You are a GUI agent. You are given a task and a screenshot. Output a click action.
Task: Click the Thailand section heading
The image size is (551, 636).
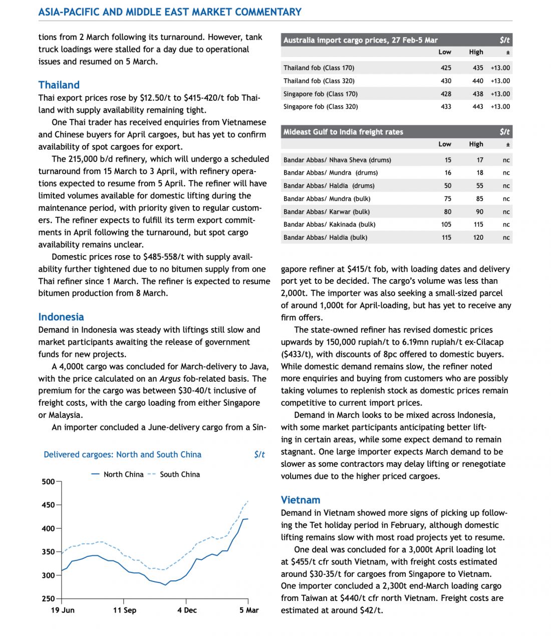point(59,85)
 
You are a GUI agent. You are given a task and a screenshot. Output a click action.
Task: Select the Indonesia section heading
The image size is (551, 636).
point(61,317)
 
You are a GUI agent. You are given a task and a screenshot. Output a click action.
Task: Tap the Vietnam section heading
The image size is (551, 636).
point(300,500)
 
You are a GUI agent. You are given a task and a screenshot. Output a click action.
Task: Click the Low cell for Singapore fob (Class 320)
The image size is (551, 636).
point(446,107)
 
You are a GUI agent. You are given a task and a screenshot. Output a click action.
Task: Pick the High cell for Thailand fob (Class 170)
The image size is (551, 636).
point(478,68)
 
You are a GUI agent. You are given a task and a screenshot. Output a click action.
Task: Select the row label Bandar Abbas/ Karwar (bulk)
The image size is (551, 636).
point(326,212)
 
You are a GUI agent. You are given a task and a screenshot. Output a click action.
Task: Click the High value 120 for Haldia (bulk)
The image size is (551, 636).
point(478,238)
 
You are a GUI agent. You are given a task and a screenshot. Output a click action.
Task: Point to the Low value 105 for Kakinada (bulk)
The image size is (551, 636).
point(446,225)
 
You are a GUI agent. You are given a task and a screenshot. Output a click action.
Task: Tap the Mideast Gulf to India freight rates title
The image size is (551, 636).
point(343,132)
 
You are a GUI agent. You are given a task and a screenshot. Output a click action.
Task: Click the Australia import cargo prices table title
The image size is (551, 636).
point(360,40)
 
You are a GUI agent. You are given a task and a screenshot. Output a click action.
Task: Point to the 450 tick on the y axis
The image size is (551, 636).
point(48,505)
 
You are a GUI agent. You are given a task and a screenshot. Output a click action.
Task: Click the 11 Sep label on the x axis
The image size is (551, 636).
point(124,610)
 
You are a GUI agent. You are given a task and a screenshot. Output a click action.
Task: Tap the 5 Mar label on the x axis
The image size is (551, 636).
point(248,610)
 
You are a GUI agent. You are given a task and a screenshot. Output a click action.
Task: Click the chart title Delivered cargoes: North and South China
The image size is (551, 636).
point(122,454)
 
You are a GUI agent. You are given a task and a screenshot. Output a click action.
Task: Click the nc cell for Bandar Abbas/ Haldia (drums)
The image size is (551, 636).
point(506,186)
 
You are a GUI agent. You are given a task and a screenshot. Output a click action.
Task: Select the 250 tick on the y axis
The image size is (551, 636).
point(48,598)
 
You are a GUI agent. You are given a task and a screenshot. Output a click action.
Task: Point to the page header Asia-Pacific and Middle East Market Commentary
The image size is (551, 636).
point(170,12)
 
